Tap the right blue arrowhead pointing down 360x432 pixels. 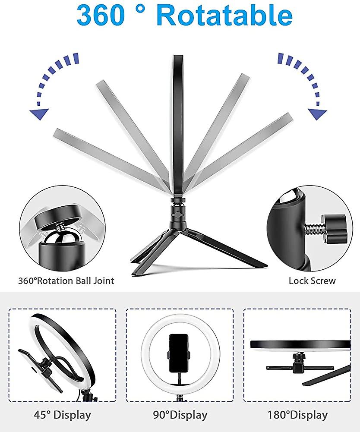pyautogui.click(x=318, y=114)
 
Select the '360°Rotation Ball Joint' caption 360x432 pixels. pyautogui.click(x=66, y=281)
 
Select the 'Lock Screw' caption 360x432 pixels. pyautogui.click(x=312, y=281)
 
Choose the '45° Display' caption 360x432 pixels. pyautogui.click(x=62, y=415)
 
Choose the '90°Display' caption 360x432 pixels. pyautogui.click(x=180, y=415)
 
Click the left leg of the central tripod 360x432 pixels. pyautogui.click(x=147, y=255)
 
